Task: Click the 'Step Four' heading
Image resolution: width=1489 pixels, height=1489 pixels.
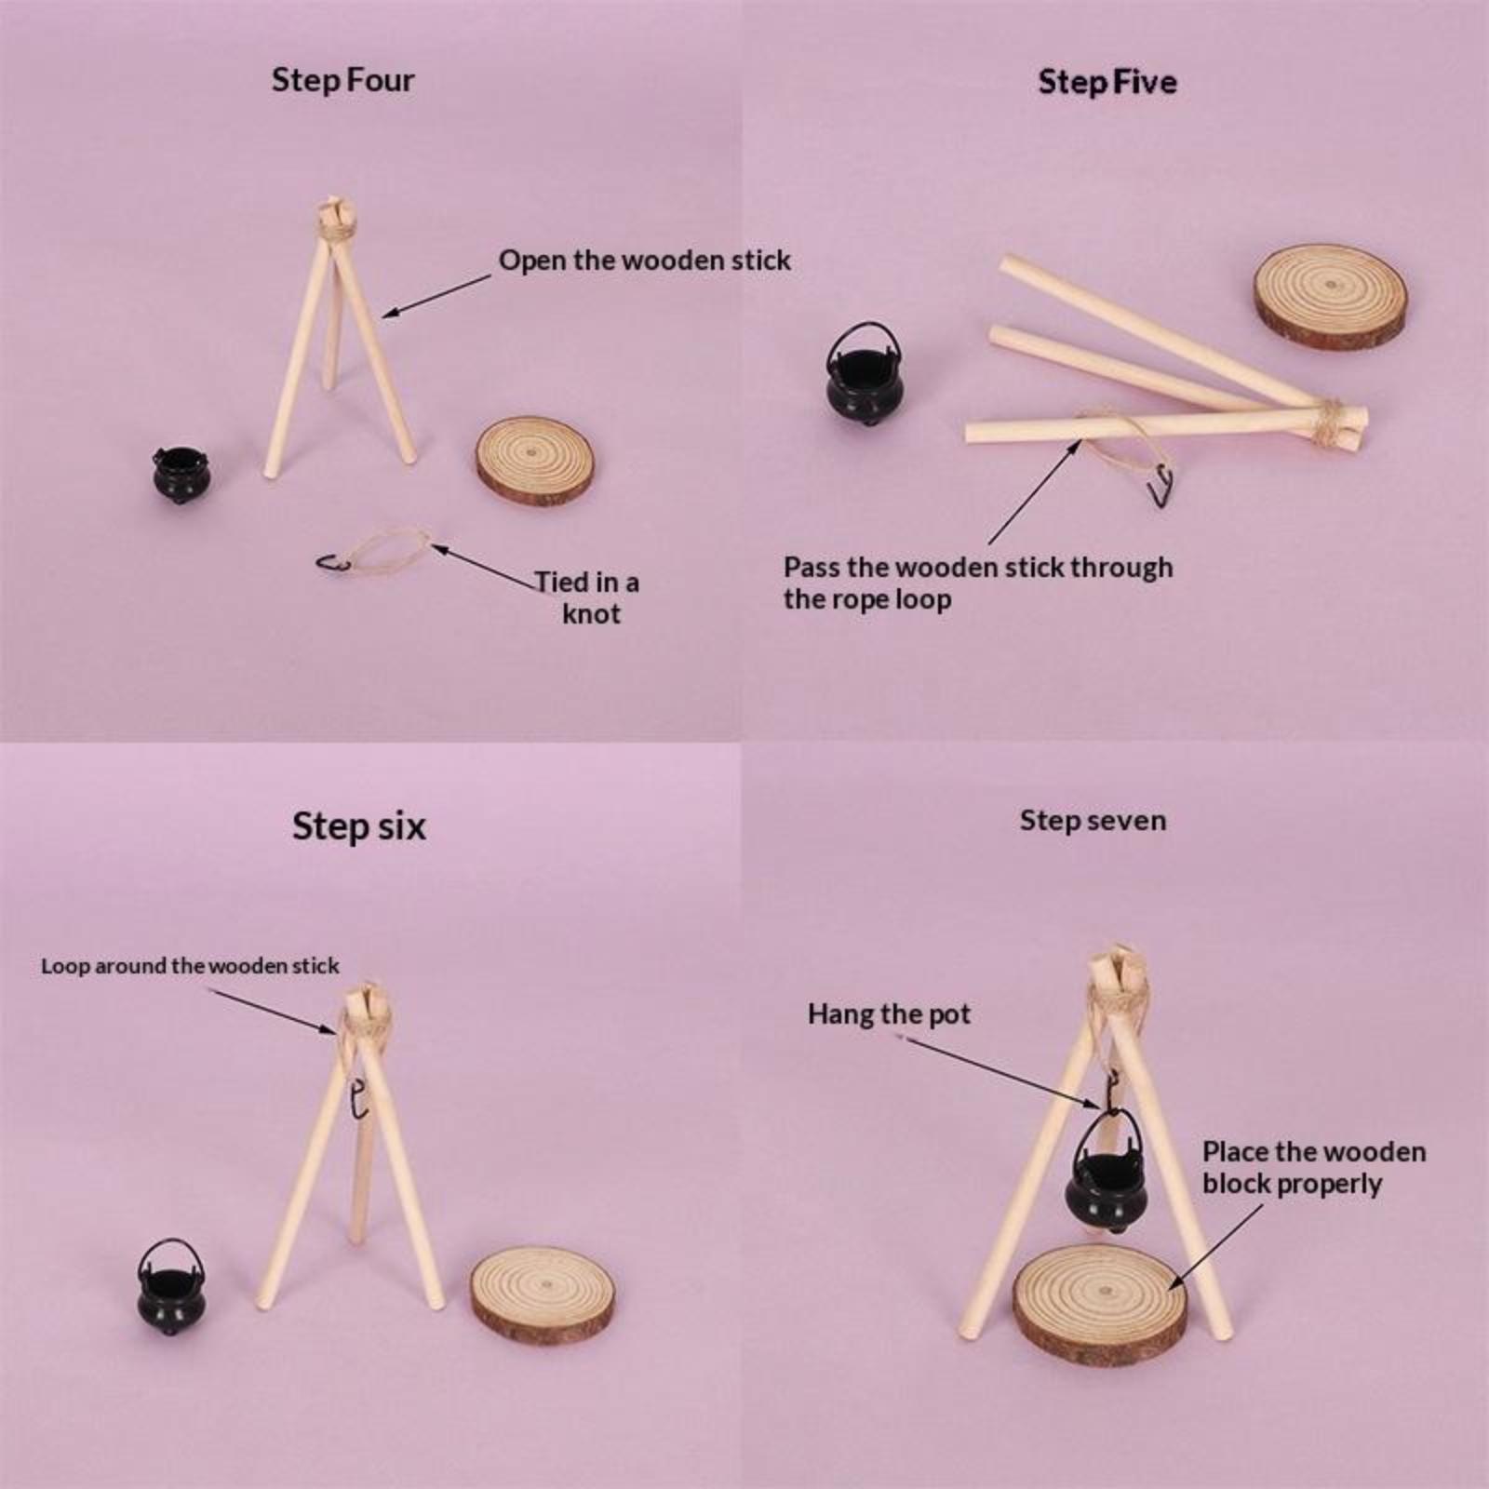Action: pos(342,81)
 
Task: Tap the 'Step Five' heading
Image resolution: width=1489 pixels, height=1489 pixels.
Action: pos(1107,82)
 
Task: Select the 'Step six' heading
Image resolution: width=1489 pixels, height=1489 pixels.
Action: pos(359,826)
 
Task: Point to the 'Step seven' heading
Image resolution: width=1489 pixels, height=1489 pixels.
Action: pos(1093,821)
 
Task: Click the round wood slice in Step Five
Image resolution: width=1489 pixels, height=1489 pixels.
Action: pos(1330,297)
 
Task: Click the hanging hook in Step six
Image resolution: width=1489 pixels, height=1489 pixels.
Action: pos(355,1099)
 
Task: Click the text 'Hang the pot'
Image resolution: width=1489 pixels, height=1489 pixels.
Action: pos(889,1014)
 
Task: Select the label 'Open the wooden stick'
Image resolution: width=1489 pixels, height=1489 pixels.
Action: pos(645,261)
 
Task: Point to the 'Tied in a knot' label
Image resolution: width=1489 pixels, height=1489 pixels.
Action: pos(587,598)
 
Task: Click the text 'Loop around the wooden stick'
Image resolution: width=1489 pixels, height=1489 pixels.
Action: pos(190,966)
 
